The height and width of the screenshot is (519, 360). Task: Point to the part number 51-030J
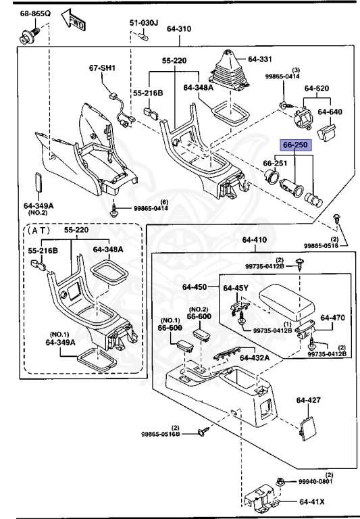pos(144,22)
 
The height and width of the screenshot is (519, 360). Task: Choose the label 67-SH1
pos(103,68)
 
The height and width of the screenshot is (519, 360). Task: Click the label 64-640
pos(331,112)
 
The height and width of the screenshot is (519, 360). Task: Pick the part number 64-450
pos(195,287)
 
